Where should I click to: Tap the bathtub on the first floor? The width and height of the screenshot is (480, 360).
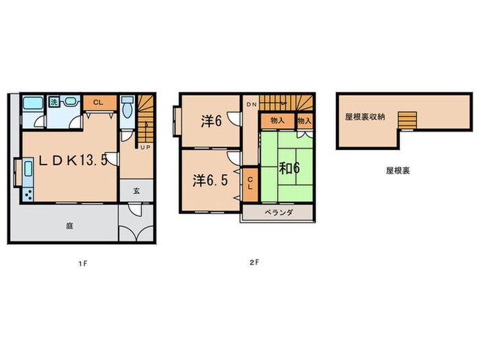coord(31,105)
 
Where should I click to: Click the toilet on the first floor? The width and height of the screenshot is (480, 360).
coord(127,109)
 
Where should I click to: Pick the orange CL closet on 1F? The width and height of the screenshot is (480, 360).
coord(97,103)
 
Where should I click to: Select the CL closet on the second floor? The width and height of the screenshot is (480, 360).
coord(250,184)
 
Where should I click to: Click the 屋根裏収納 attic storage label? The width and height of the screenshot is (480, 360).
coord(365,117)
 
